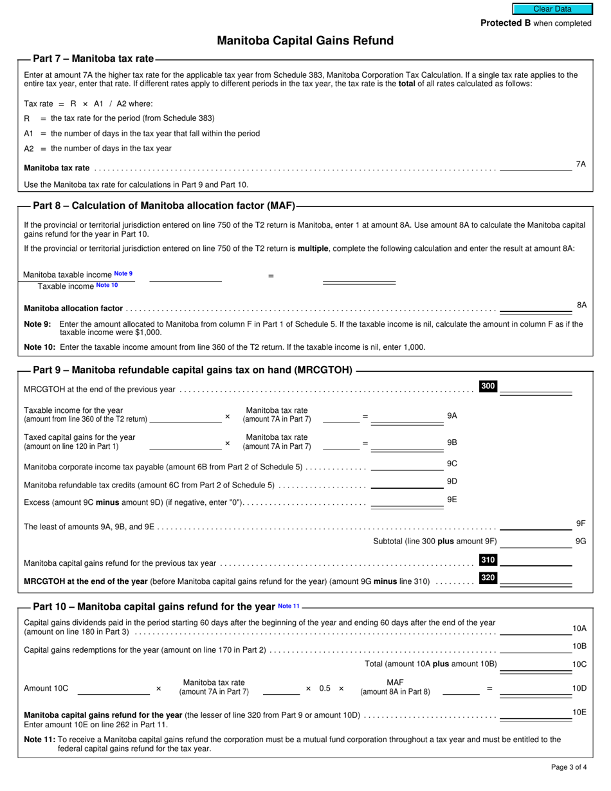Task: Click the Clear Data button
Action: click(x=551, y=9)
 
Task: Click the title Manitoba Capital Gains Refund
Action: click(x=305, y=41)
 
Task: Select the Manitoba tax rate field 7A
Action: click(x=535, y=166)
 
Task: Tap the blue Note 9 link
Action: click(x=123, y=274)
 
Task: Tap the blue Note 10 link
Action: click(x=107, y=285)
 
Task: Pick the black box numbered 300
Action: click(x=488, y=386)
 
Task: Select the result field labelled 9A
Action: click(x=407, y=417)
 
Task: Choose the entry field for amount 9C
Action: click(x=407, y=466)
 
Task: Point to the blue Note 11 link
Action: click(x=289, y=606)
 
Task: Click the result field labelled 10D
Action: click(x=535, y=690)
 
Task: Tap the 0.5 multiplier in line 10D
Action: click(x=325, y=688)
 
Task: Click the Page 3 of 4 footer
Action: click(x=569, y=767)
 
